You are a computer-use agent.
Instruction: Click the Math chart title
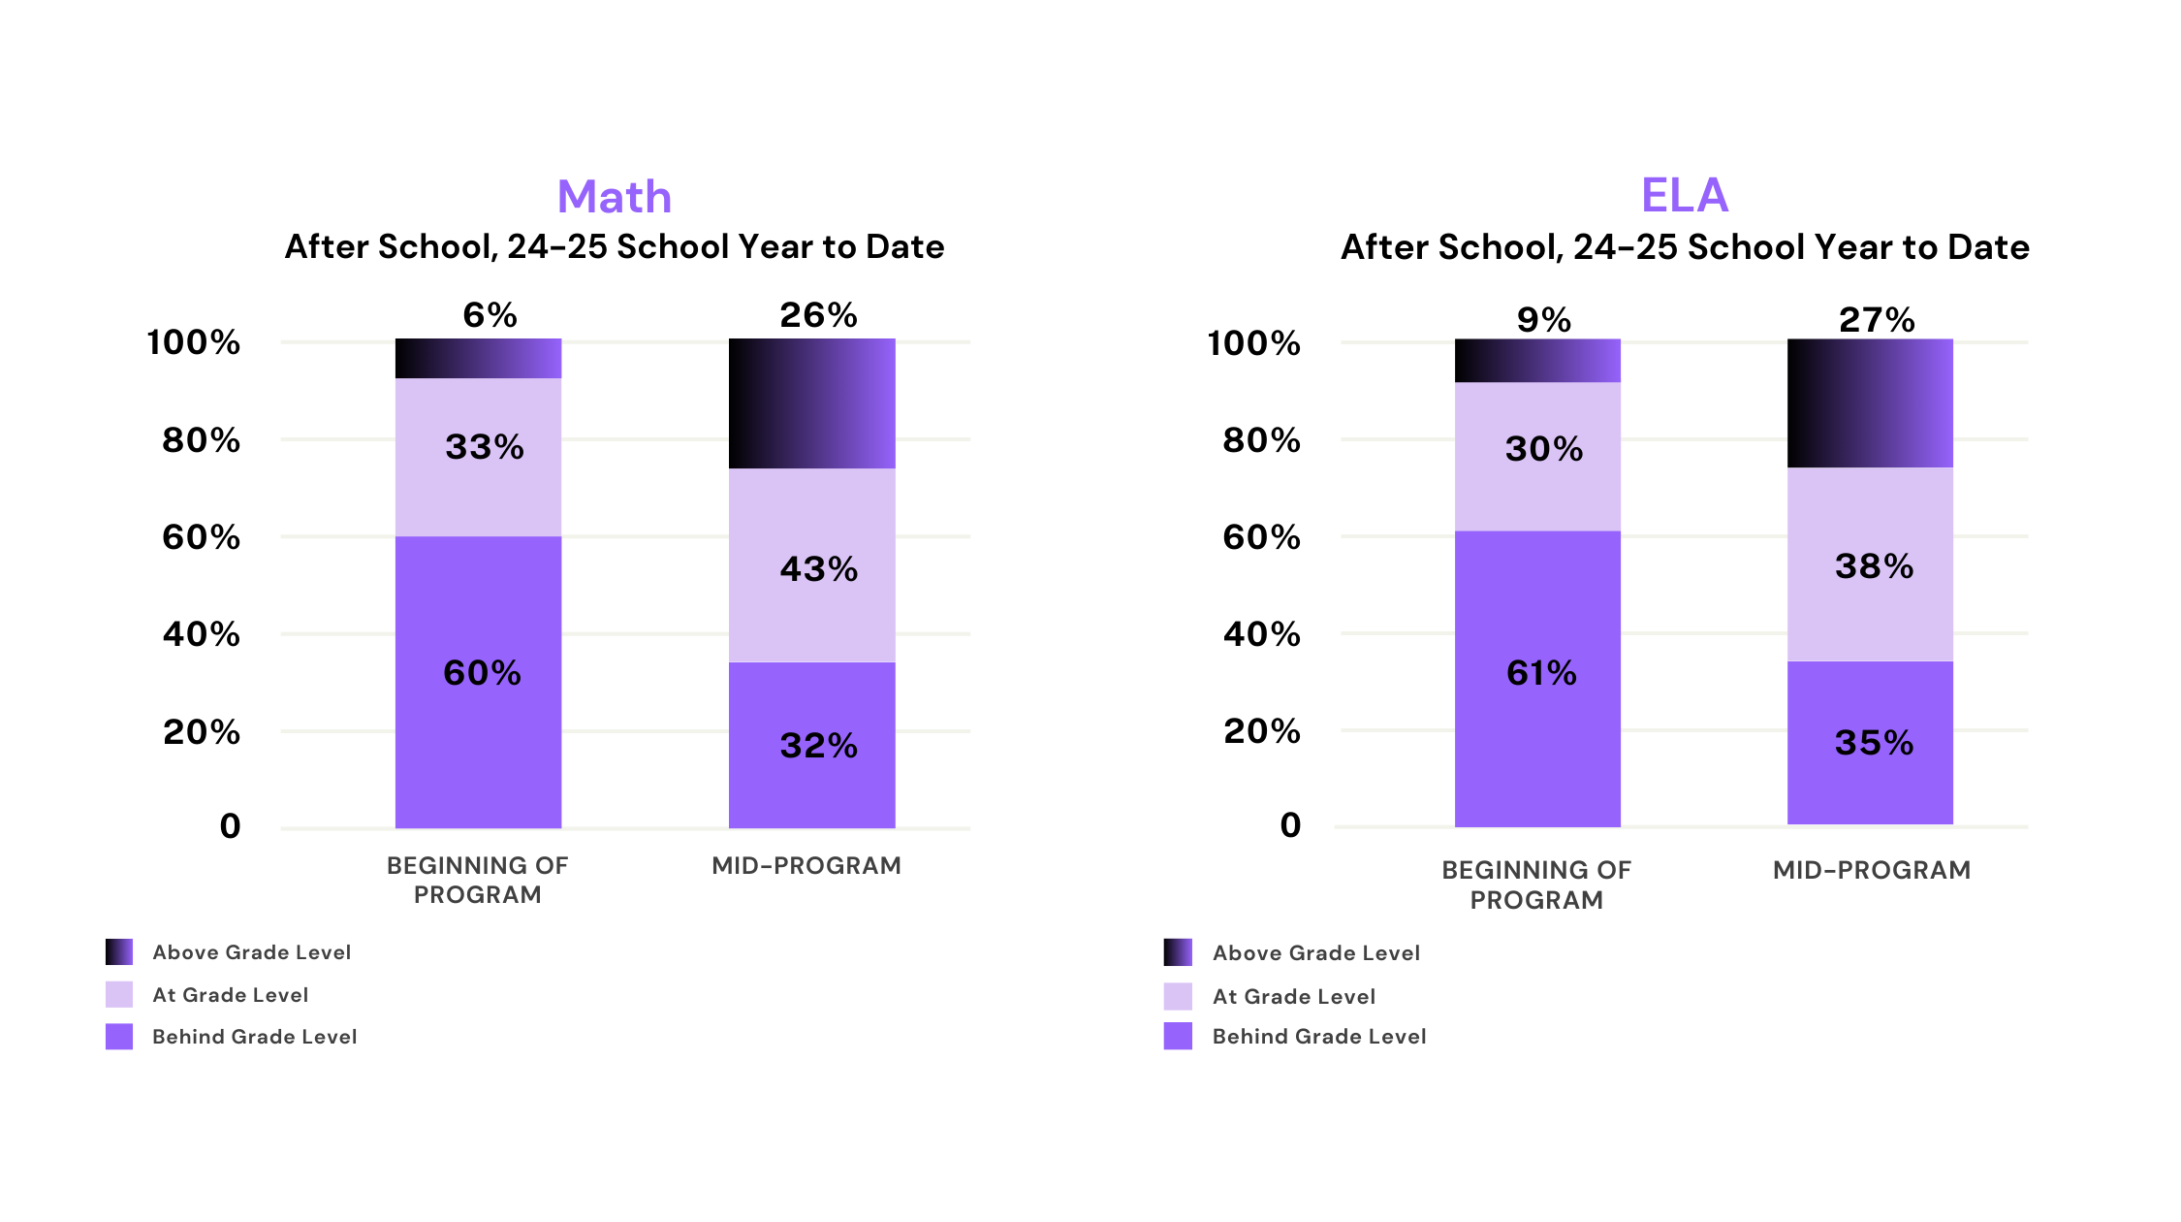[615, 197]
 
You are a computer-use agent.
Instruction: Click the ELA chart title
[1684, 195]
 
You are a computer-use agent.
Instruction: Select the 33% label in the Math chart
[484, 447]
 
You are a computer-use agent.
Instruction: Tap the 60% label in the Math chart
[482, 673]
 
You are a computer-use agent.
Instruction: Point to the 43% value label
[819, 569]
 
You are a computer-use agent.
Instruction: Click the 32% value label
[819, 746]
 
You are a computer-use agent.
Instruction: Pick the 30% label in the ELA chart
[1544, 449]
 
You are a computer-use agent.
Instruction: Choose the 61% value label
[1541, 673]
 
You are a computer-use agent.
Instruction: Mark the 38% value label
[1874, 566]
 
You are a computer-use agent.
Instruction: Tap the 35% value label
[1874, 743]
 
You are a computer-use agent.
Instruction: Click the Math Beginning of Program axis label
[477, 880]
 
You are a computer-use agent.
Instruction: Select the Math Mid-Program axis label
[806, 865]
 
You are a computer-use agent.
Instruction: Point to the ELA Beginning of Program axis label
[1536, 884]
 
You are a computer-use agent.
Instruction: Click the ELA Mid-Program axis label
[1871, 870]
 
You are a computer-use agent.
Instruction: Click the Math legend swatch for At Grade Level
[119, 995]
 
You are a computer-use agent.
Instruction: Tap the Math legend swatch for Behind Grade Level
[119, 1037]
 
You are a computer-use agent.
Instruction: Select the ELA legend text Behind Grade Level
[1319, 1037]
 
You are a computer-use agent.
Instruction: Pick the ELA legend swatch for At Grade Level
[1178, 997]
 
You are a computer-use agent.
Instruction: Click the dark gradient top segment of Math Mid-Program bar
[812, 403]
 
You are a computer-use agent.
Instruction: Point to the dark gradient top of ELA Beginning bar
[1537, 361]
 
